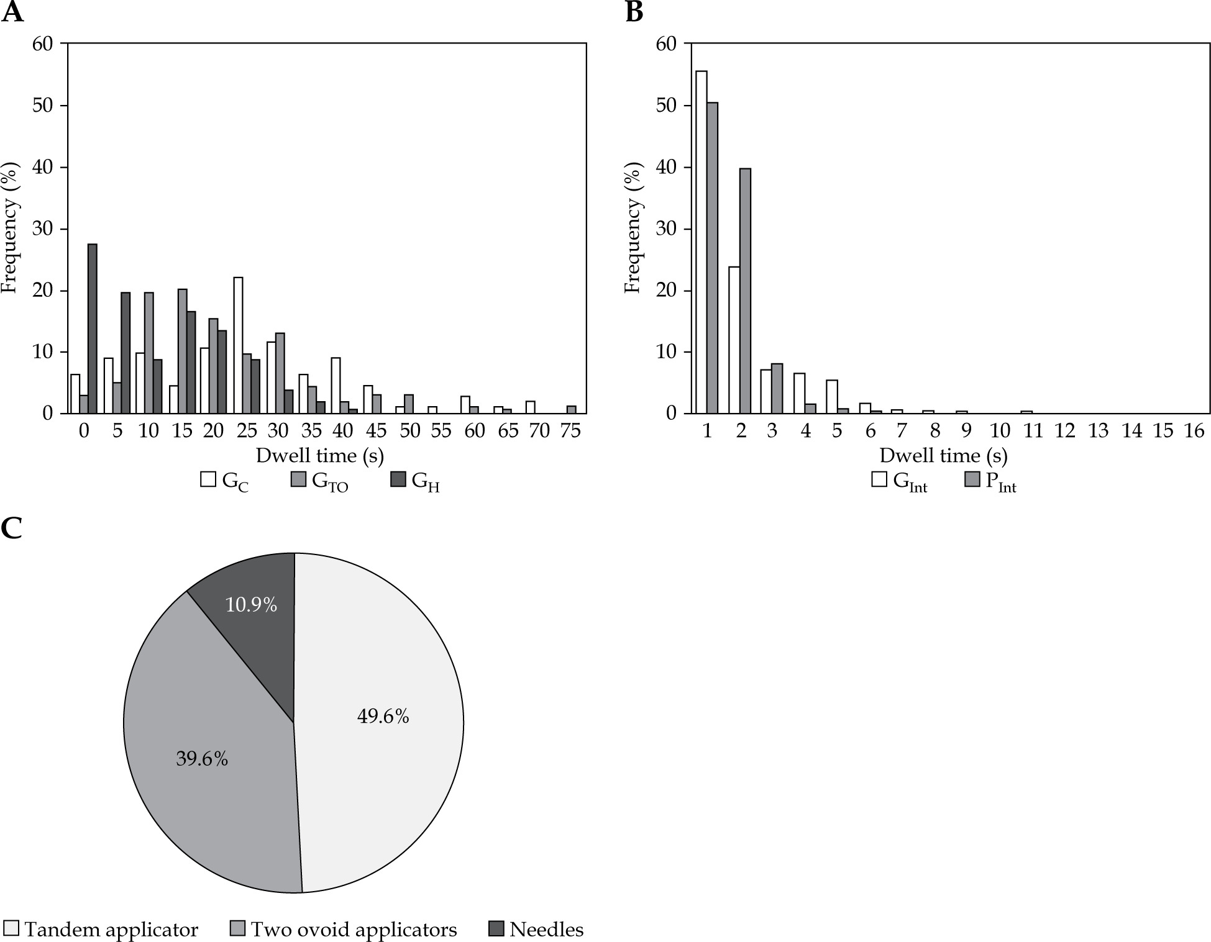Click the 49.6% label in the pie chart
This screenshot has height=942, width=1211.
click(383, 717)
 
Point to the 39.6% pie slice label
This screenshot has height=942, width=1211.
click(202, 759)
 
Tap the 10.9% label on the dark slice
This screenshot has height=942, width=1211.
click(251, 605)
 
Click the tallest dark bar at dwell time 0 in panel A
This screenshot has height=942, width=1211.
click(93, 329)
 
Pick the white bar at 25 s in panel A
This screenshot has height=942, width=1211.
click(238, 345)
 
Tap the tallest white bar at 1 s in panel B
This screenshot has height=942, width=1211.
click(701, 242)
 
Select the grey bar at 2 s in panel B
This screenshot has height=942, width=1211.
click(746, 291)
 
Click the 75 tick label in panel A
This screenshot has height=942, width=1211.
click(571, 431)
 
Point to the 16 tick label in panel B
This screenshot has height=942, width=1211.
click(1194, 431)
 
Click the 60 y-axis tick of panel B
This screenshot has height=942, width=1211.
click(665, 44)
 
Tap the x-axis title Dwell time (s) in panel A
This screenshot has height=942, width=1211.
click(320, 456)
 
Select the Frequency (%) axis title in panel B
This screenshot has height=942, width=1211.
click(633, 229)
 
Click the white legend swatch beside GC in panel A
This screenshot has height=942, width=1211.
click(208, 480)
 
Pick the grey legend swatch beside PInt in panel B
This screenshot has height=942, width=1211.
click(972, 480)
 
